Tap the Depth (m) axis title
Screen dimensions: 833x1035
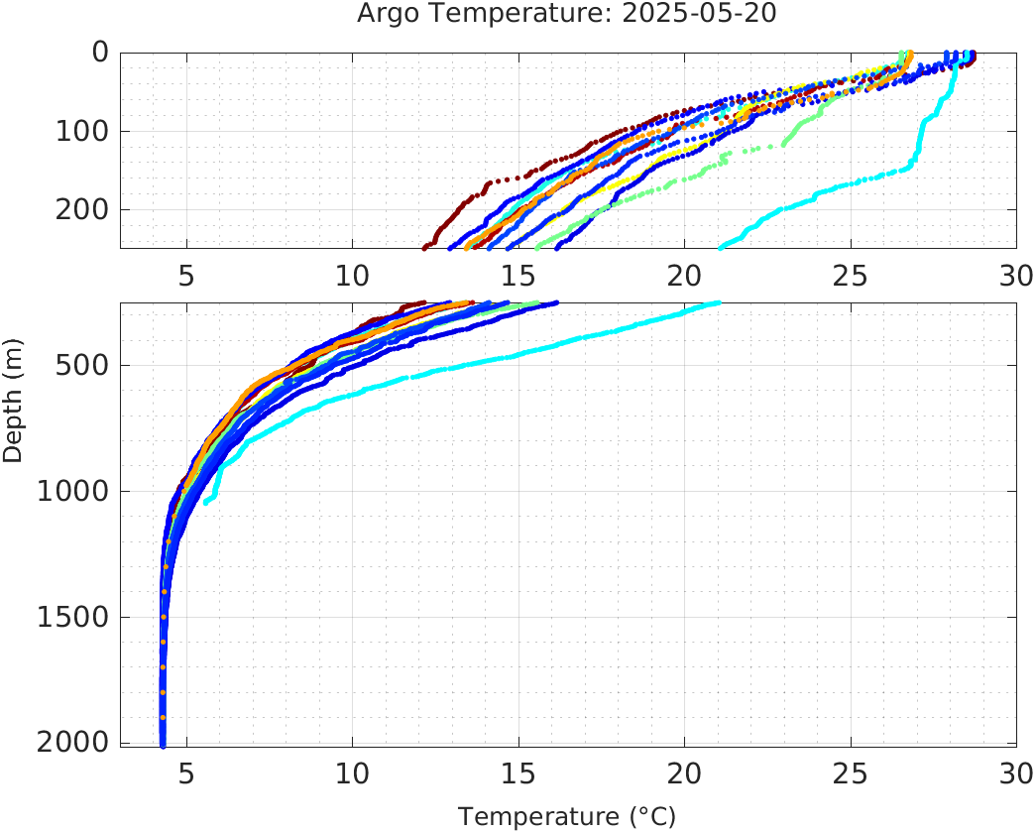pos(13,410)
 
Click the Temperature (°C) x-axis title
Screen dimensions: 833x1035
pos(566,816)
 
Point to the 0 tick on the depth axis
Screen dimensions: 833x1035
pos(100,53)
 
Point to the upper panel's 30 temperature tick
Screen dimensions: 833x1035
pos(1015,275)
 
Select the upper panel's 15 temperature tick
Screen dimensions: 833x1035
pos(517,275)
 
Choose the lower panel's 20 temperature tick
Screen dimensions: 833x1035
pos(684,773)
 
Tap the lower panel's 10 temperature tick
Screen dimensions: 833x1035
pos(352,773)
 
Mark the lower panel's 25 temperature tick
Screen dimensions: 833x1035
pos(850,773)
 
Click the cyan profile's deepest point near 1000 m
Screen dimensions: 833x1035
pos(206,503)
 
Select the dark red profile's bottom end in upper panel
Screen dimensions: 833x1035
pos(425,247)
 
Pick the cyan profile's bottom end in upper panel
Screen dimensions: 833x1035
pos(720,247)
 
